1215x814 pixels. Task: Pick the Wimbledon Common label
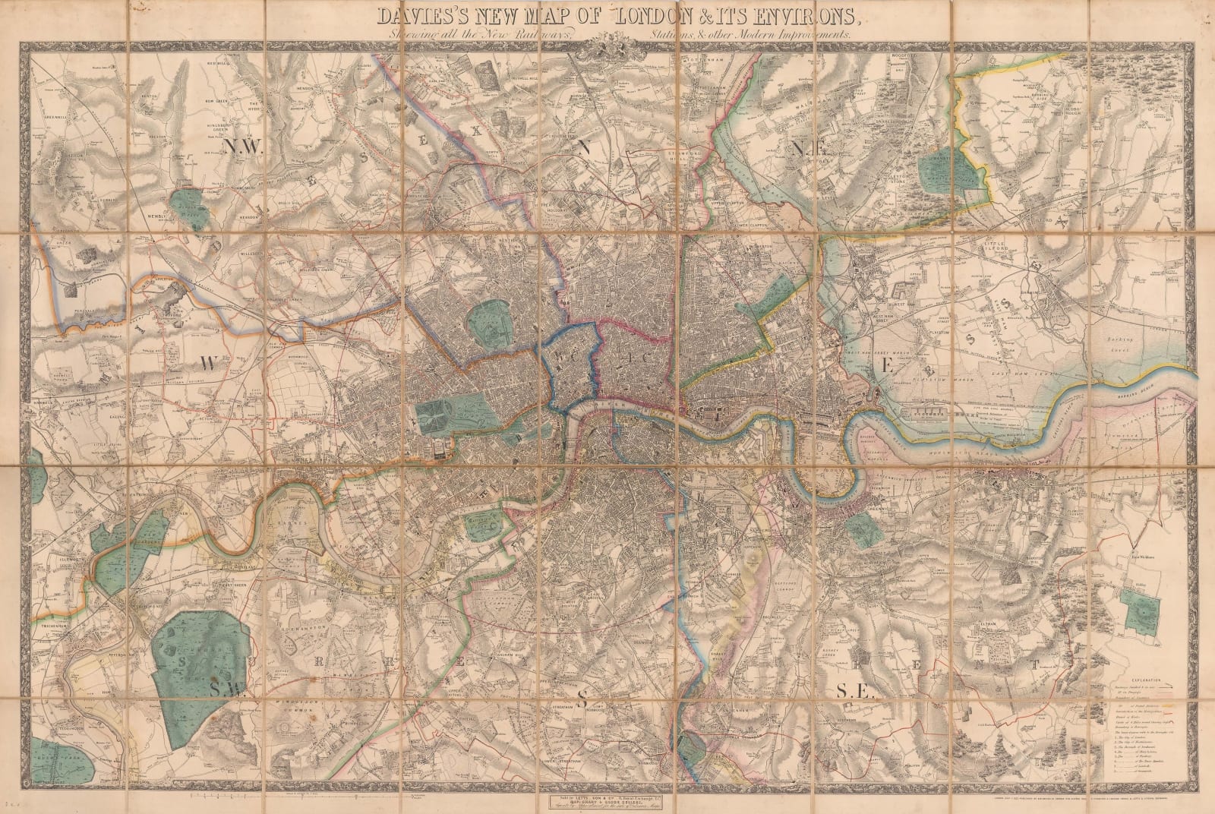(x=313, y=689)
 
